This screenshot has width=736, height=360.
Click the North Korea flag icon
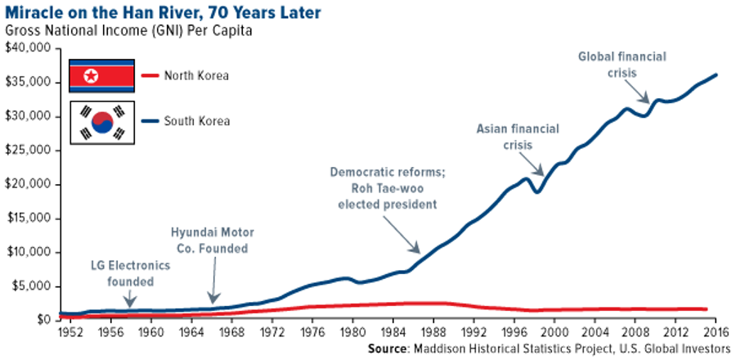pyautogui.click(x=101, y=76)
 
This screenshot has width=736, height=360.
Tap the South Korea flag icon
pyautogui.click(x=101, y=122)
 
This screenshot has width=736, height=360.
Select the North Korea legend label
pyautogui.click(x=196, y=76)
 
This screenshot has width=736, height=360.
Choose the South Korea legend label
pyautogui.click(x=196, y=121)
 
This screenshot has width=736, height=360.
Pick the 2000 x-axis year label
pyautogui.click(x=555, y=333)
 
